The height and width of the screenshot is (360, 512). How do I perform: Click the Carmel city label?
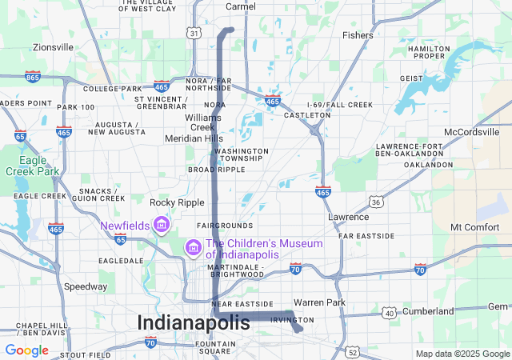[x=241, y=6]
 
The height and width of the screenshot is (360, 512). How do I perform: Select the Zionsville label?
[x=53, y=47]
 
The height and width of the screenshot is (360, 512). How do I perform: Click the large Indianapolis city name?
[x=194, y=322]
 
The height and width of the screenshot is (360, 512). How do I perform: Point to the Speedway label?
[x=86, y=286]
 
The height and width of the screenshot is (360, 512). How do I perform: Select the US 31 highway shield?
[x=194, y=33]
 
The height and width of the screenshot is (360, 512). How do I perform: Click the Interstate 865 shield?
[x=33, y=77]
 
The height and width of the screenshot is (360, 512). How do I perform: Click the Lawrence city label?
[x=349, y=217]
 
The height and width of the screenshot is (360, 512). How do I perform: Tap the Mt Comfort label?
[x=474, y=227]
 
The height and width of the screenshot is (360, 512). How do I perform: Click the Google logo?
[x=26, y=350]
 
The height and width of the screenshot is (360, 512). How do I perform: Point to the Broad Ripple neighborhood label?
[x=216, y=170]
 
